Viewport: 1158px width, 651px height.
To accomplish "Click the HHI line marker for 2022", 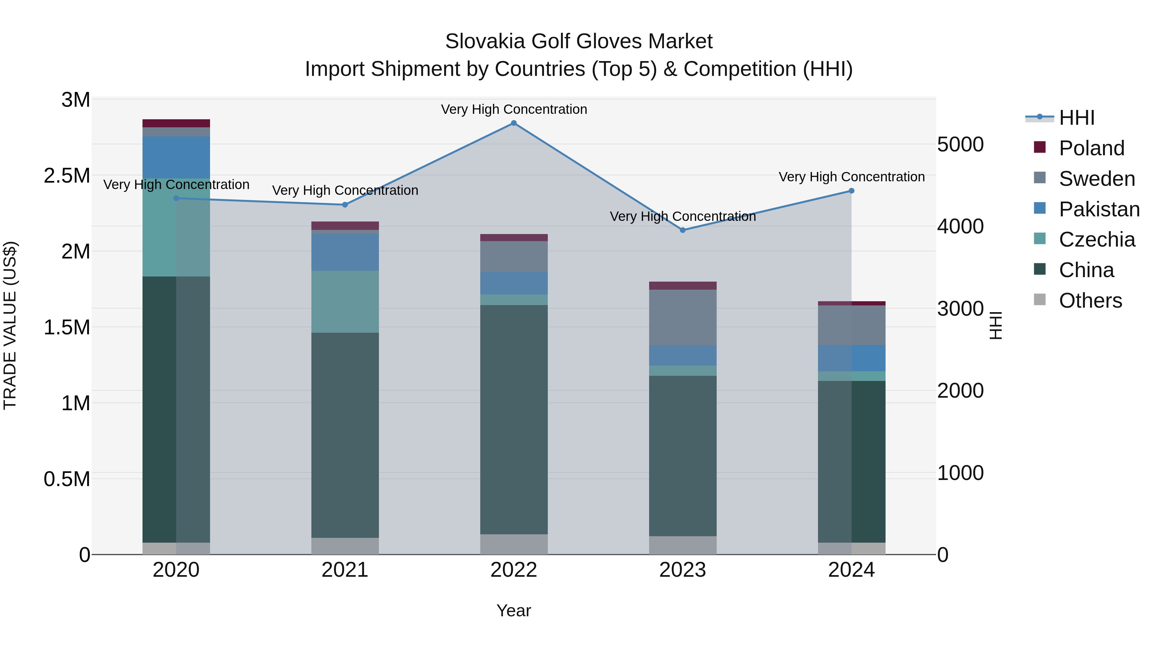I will (x=514, y=123).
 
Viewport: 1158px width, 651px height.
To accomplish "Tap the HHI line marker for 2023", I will (x=682, y=230).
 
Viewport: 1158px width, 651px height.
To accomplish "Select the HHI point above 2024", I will (x=851, y=191).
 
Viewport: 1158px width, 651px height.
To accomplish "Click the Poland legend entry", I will (x=1091, y=148).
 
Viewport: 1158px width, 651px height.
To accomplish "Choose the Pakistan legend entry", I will (x=1099, y=209).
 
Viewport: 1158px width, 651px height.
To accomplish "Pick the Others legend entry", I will (x=1090, y=301).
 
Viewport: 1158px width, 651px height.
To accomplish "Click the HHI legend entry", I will (x=1076, y=118).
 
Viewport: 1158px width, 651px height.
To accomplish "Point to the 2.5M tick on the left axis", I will (x=67, y=176).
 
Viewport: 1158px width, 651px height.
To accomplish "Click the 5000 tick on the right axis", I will (x=960, y=145).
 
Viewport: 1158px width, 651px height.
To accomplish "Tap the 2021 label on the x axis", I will (x=345, y=570).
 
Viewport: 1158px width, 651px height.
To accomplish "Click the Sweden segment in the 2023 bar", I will (x=682, y=317).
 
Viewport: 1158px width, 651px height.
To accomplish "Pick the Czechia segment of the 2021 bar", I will (x=345, y=302).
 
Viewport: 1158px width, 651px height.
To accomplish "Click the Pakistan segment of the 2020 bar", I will (x=176, y=157).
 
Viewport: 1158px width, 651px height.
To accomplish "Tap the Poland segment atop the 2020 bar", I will (x=176, y=123).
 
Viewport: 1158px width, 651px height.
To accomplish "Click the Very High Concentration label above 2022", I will (x=514, y=109).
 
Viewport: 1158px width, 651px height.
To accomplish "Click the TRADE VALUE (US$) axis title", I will (x=10, y=325).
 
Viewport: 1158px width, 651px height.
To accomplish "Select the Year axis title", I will (x=513, y=610).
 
